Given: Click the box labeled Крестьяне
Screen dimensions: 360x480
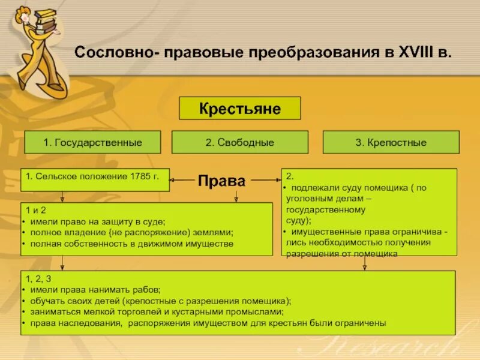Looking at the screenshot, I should pyautogui.click(x=240, y=109).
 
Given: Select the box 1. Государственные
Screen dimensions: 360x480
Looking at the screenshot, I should pyautogui.click(x=92, y=143).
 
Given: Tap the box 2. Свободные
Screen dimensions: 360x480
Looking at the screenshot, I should pyautogui.click(x=239, y=143).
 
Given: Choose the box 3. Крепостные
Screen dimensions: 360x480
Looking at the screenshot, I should pyautogui.click(x=391, y=143).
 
